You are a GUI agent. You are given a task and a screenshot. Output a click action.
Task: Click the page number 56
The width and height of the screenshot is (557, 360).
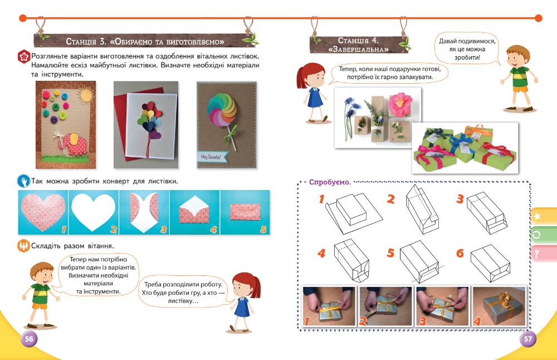pos(29,339)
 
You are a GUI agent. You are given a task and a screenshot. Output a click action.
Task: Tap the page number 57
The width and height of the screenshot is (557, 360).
pos(528,339)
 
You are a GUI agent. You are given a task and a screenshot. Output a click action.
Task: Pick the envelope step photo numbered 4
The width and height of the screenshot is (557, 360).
pos(194,212)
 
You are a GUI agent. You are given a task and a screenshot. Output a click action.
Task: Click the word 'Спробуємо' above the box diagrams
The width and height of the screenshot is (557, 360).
pos(330,182)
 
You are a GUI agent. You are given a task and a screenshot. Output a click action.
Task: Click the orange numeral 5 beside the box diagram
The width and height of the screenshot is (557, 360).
pos(390,254)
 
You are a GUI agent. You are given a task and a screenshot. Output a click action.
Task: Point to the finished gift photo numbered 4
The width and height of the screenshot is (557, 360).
pos(499,306)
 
